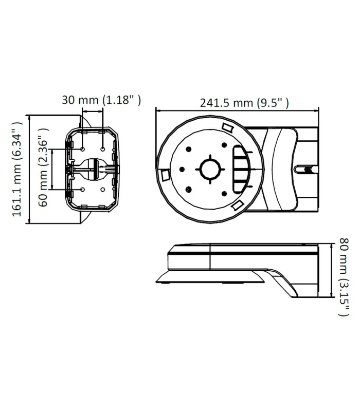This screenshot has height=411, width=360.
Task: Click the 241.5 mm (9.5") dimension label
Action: click(x=244, y=102)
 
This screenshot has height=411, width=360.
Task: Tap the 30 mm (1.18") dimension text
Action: click(x=101, y=100)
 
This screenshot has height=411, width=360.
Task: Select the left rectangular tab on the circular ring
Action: click(x=165, y=175)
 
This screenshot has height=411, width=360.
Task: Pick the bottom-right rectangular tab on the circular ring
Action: click(x=237, y=206)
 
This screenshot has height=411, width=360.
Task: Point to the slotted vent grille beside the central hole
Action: click(x=241, y=167)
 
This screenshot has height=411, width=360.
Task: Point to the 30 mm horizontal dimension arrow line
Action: click(x=93, y=110)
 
